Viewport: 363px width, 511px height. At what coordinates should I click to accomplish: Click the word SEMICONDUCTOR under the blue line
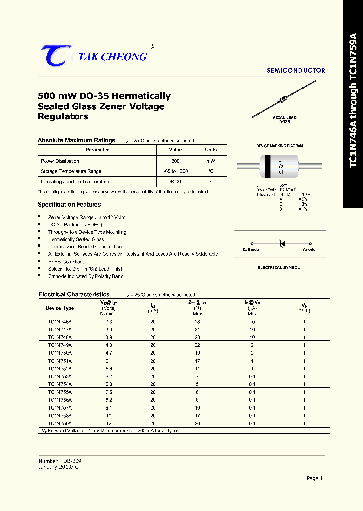coord(296,71)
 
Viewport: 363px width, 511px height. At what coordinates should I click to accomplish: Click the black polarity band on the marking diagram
coord(266,166)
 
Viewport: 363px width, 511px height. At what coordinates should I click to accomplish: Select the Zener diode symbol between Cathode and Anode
coord(282,244)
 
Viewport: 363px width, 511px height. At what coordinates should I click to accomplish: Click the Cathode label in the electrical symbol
coord(251,249)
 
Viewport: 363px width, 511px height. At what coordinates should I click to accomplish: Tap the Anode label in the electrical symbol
coord(309,249)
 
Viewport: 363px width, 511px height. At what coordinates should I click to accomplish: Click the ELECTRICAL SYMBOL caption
coord(279,267)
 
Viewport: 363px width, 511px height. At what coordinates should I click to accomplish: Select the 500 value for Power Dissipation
coord(175,161)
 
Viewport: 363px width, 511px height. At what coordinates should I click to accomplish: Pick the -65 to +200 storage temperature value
coord(175,171)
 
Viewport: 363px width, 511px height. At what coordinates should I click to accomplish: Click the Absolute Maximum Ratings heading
coord(77,140)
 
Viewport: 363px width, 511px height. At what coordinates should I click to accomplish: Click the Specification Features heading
coord(70,205)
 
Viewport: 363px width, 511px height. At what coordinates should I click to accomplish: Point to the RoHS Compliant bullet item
coord(66,262)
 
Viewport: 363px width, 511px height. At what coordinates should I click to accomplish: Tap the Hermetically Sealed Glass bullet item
coord(76,239)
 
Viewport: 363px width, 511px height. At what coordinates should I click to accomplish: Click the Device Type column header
coord(59,308)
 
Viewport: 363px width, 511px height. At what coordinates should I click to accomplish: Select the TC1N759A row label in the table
coord(59,424)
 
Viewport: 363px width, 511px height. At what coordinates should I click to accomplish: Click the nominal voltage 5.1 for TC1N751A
coord(108,361)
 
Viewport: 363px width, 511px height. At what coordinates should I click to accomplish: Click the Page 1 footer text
coord(314,478)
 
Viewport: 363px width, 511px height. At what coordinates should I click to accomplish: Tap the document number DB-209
coord(72,461)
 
